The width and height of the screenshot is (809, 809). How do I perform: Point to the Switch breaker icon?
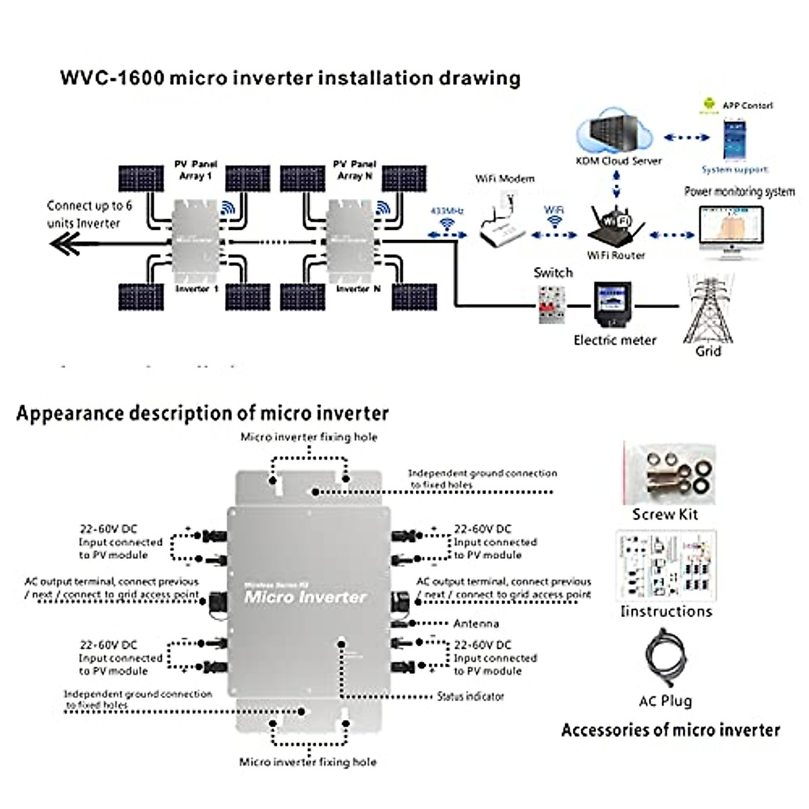tap(551, 304)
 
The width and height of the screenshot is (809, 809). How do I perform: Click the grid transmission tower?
tap(709, 309)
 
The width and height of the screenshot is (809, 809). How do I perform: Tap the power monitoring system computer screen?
tap(731, 229)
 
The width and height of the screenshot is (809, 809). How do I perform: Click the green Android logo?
tap(708, 104)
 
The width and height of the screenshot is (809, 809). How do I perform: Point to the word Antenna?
tap(476, 624)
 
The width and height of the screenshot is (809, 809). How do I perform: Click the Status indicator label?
tap(470, 696)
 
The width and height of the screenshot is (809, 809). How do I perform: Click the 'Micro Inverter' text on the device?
tap(305, 597)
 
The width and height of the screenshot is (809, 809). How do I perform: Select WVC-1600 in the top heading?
tap(112, 78)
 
